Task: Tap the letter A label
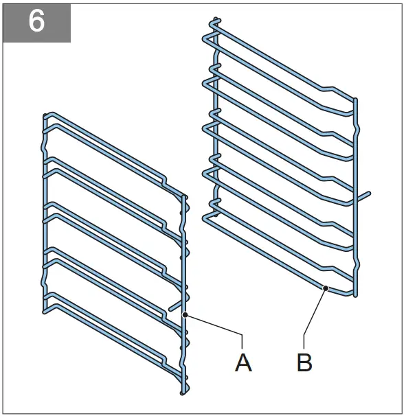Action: (243, 361)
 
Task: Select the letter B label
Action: (304, 361)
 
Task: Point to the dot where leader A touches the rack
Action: (185, 314)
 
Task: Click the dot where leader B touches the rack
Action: (326, 288)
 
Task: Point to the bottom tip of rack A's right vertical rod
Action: (182, 393)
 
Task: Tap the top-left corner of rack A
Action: (45, 115)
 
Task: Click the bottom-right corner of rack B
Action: (355, 295)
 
